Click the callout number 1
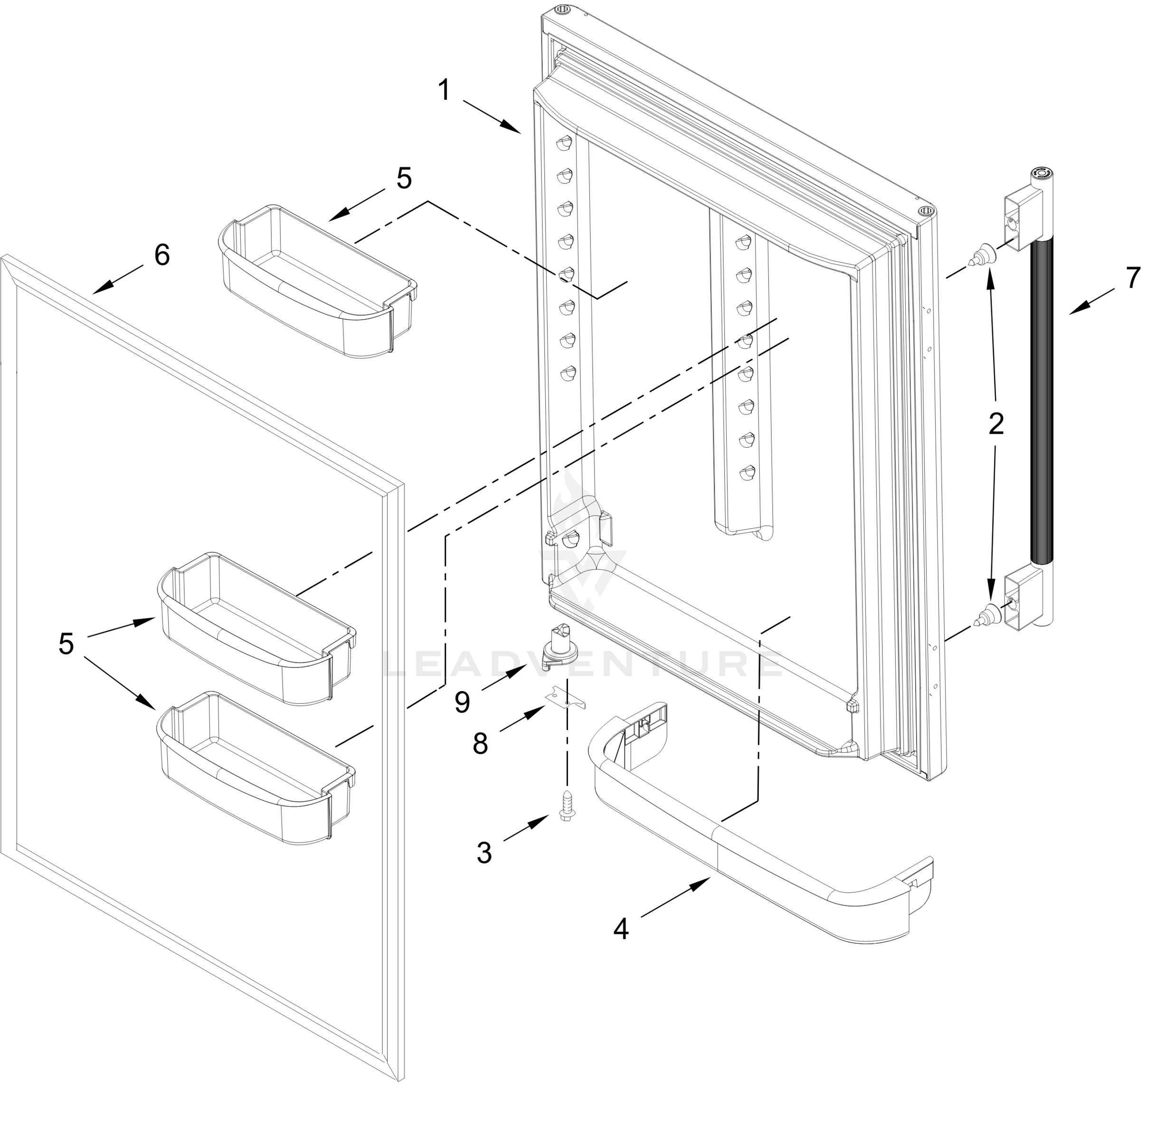(444, 90)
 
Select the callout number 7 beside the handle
(1132, 278)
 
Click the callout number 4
(621, 929)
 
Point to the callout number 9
(462, 702)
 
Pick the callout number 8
(480, 744)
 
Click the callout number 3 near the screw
(484, 853)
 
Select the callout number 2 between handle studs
(995, 423)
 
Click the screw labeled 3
(566, 805)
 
